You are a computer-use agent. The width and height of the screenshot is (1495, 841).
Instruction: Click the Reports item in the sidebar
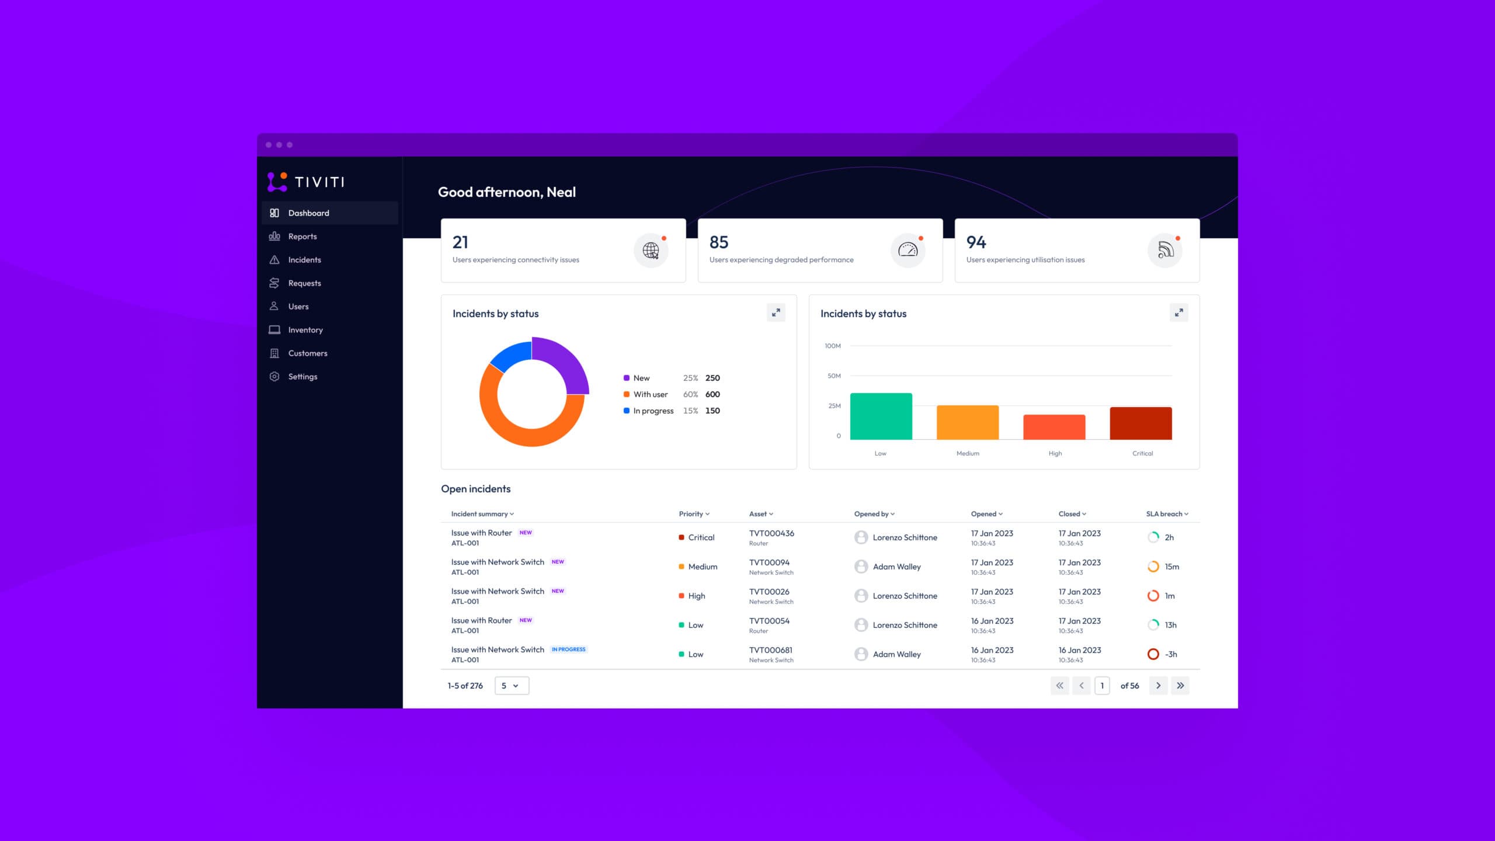[302, 237]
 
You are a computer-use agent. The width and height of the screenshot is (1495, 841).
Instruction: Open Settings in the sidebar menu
[302, 377]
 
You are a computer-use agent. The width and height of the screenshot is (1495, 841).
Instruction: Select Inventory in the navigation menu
[305, 330]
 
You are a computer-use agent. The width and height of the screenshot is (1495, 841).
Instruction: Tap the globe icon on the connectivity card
[651, 251]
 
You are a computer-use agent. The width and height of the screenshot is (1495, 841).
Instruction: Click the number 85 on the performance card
[719, 242]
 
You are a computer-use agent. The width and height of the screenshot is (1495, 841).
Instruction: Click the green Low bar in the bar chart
[881, 416]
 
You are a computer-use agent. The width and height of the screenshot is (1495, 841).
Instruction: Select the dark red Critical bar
[1141, 423]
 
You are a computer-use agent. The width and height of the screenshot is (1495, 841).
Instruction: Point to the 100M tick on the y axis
[833, 346]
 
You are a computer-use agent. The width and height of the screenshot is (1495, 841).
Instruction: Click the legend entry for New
[641, 378]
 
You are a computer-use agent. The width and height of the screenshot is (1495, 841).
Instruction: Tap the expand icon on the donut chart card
[776, 313]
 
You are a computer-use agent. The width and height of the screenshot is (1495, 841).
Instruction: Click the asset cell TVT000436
[771, 533]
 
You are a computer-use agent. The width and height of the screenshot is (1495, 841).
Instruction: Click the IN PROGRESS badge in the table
[569, 649]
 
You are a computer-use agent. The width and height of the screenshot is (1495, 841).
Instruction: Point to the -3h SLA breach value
[1171, 654]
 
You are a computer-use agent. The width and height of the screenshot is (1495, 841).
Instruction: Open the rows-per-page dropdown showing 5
[512, 686]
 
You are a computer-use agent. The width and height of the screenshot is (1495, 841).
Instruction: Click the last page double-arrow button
[1180, 686]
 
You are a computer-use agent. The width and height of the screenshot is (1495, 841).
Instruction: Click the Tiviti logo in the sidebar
[306, 182]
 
